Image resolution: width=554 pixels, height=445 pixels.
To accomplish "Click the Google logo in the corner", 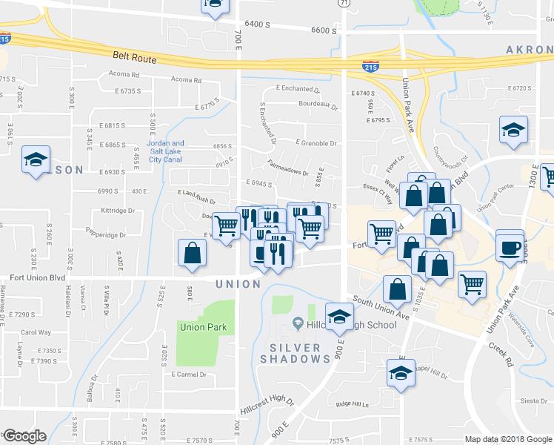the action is pyautogui.click(x=24, y=436).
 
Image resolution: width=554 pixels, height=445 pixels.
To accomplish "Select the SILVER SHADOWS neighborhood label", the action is pyautogui.click(x=295, y=353).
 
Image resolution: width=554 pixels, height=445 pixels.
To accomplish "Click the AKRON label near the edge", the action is pyautogui.click(x=529, y=50).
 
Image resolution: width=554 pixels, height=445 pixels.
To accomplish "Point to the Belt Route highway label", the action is pyautogui.click(x=133, y=56).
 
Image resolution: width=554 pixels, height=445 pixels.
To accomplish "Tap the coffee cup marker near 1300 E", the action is pyautogui.click(x=510, y=247).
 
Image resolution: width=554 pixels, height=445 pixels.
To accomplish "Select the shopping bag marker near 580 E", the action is pyautogui.click(x=193, y=252).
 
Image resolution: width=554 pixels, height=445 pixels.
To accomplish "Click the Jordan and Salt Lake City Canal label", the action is pyautogui.click(x=166, y=151).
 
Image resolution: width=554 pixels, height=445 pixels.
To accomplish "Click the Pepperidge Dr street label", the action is pyautogui.click(x=106, y=235).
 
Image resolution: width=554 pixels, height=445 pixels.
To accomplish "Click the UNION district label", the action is pyautogui.click(x=237, y=284).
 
